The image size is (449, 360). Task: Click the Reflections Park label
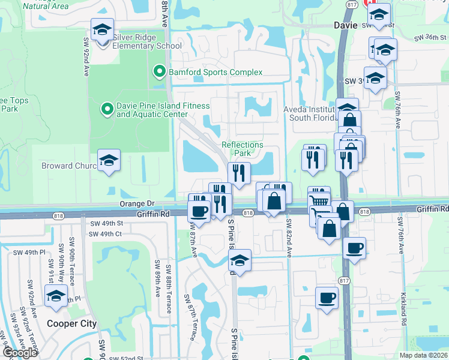[243, 149]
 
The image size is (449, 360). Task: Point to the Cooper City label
[71, 323]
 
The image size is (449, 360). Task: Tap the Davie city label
[345, 26]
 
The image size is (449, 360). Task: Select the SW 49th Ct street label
[106, 233]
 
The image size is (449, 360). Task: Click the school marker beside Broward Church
[109, 161]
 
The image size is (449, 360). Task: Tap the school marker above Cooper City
[56, 296]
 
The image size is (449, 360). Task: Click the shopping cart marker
[319, 198]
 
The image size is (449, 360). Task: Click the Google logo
[20, 353]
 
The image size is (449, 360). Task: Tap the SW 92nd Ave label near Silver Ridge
[86, 56]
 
